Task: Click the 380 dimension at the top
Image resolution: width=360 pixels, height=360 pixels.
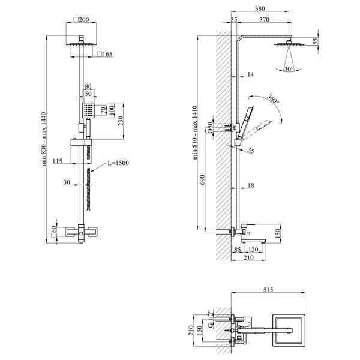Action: tap(260, 8)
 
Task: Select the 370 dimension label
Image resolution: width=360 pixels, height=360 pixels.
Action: tap(264, 20)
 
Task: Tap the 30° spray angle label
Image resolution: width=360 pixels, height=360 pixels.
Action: tap(289, 69)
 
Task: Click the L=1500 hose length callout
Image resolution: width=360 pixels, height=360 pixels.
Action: tap(118, 163)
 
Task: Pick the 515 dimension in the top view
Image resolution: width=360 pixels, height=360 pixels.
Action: tap(268, 290)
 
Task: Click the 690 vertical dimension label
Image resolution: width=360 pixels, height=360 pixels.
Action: tap(202, 180)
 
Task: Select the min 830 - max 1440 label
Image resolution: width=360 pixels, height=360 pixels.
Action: tap(44, 139)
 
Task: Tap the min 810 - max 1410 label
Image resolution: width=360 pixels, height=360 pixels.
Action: tap(195, 133)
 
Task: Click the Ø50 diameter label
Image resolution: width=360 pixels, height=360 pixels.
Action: tap(210, 127)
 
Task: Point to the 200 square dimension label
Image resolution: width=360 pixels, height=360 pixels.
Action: tap(81, 20)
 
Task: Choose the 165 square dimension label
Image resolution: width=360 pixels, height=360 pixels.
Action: tap(104, 54)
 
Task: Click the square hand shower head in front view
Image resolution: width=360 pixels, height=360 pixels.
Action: tap(88, 110)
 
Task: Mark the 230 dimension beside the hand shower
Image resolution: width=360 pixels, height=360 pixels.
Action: tap(121, 121)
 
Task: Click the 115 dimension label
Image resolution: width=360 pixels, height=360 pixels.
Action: tap(58, 161)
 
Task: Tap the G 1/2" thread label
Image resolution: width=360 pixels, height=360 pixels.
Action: tap(211, 319)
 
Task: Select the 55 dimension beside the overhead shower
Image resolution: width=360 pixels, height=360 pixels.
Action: tap(316, 41)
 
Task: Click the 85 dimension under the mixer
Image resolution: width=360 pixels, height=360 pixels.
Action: tap(238, 250)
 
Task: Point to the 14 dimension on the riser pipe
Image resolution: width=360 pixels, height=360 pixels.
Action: tap(250, 74)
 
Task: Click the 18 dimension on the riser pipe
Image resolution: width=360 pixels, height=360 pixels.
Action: tap(251, 185)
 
